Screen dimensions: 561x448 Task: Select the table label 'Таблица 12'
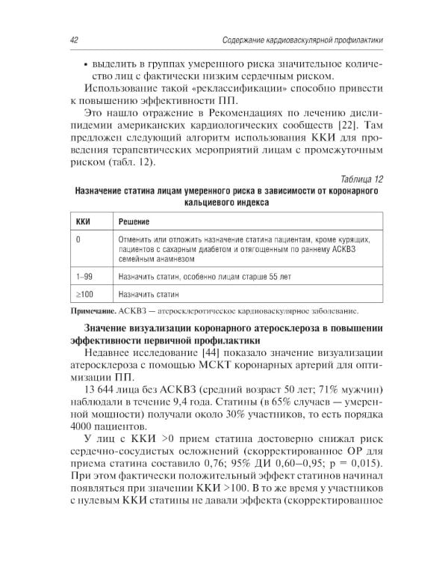coord(361,180)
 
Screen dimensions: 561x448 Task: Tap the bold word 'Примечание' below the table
coord(93,311)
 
